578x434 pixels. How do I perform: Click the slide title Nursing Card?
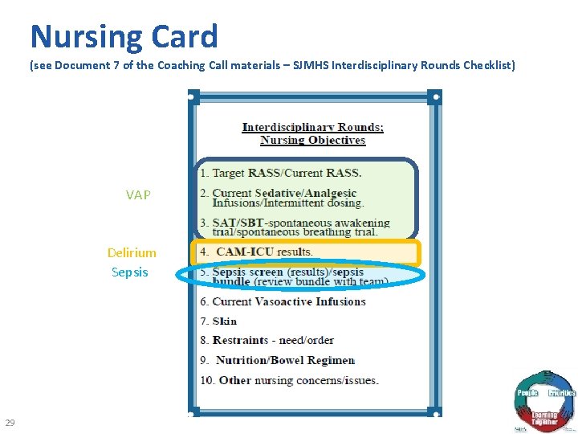coord(124,36)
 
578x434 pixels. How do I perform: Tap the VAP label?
coord(138,194)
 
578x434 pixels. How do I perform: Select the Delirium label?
coord(132,252)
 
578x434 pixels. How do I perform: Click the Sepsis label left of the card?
coord(130,272)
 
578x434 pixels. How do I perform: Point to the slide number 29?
coord(10,423)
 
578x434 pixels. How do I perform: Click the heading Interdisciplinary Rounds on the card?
coord(313,127)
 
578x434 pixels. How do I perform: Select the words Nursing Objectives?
coord(313,140)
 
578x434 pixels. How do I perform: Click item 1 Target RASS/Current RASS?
coord(281,173)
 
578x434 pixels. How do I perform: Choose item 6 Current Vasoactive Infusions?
coord(283,301)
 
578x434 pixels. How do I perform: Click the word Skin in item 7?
coord(225,321)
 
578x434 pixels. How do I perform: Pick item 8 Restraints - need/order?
coord(267,340)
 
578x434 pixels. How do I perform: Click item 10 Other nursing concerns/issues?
coord(289,380)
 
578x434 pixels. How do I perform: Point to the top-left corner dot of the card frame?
coord(193,97)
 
